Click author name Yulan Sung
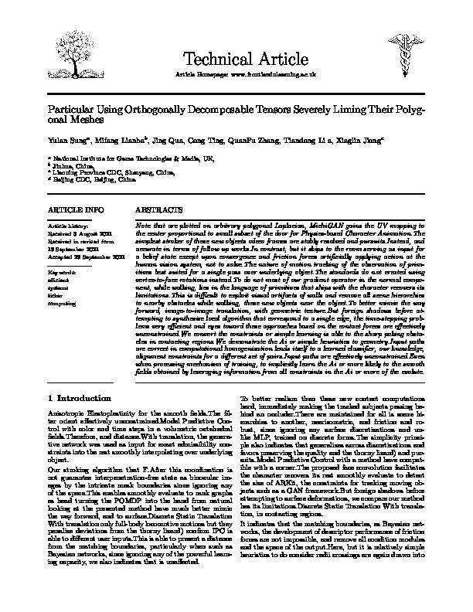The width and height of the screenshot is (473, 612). tap(65, 141)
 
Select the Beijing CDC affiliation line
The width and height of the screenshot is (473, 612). tap(84, 178)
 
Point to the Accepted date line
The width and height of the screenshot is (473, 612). tap(81, 256)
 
